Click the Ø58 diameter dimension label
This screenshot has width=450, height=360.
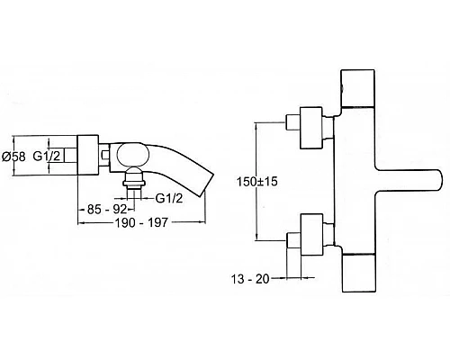pyautogui.click(x=13, y=157)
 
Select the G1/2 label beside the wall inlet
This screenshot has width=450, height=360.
pyautogui.click(x=47, y=156)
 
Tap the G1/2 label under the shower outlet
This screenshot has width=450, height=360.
pyautogui.click(x=169, y=198)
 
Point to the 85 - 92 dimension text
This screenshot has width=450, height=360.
pyautogui.click(x=106, y=209)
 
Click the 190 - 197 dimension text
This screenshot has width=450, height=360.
pyautogui.click(x=141, y=222)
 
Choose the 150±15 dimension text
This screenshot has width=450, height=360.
pyautogui.click(x=257, y=182)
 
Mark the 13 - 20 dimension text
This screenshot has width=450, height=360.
pyautogui.click(x=250, y=279)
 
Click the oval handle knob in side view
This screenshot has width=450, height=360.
pyautogui.click(x=132, y=155)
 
